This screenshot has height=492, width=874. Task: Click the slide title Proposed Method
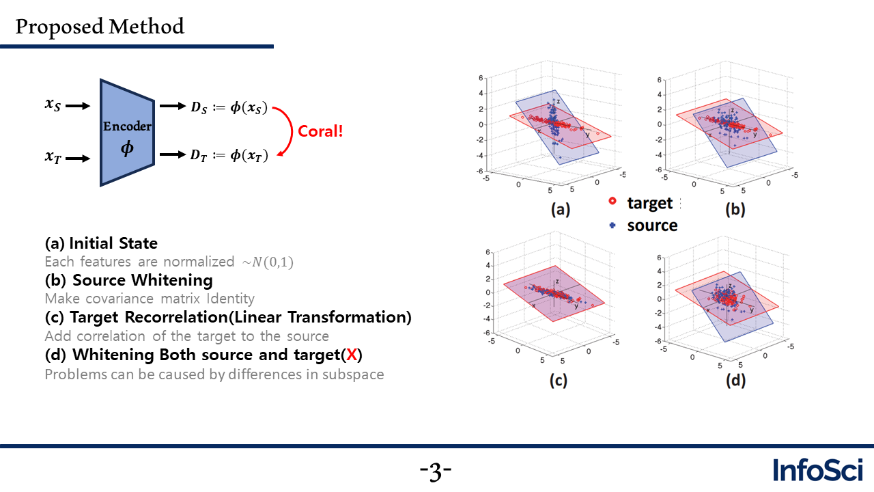100,27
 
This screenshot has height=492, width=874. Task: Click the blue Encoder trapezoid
127,133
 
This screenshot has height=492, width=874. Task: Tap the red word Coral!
320,131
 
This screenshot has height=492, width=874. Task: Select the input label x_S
53,105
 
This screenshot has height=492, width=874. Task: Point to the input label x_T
53,156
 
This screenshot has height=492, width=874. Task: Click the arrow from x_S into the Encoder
78,106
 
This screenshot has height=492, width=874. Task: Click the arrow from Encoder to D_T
173,154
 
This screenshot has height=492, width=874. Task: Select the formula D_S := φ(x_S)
229,107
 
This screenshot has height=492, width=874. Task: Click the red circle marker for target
612,201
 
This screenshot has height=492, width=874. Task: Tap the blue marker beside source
612,225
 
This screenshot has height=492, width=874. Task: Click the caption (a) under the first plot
561,210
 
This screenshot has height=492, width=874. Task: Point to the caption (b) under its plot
735,210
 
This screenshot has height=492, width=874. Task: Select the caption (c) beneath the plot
559,381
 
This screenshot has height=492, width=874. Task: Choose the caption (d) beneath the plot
735,381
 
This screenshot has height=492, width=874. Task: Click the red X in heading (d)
352,355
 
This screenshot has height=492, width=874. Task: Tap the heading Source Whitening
143,280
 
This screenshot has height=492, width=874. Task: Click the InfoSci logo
818,469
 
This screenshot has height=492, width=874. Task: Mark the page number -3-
436,471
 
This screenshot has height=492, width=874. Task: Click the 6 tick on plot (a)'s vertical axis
481,78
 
